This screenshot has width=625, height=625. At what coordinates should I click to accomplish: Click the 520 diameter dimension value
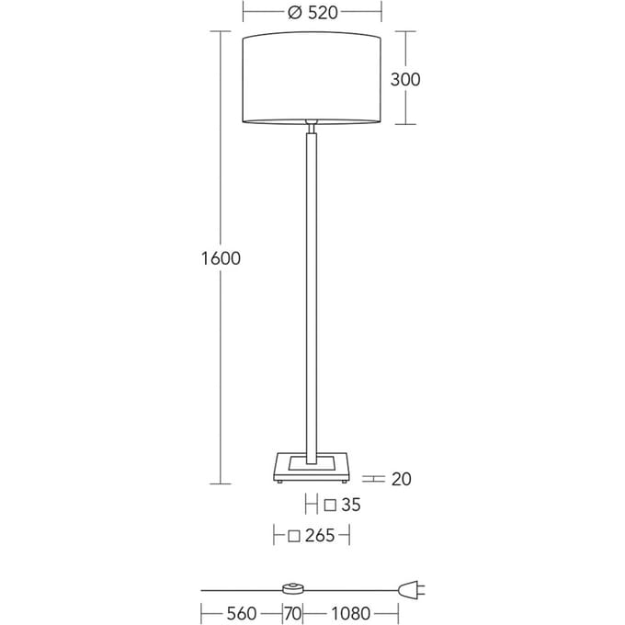point(323,13)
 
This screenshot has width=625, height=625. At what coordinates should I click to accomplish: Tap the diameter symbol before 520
point(294,13)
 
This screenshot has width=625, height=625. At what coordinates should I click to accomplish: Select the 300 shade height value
point(405,79)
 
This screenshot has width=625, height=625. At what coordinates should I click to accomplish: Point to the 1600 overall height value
point(221,258)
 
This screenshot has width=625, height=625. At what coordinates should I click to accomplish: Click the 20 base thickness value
point(401,479)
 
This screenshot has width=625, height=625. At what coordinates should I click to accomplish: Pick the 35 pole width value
point(351,505)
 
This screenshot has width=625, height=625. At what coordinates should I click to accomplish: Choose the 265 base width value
point(320,535)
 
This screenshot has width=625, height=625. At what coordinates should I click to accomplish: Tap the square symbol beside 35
point(330,506)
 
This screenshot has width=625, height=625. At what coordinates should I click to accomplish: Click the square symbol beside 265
point(294,536)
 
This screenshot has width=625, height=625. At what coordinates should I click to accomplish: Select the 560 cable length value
point(242,613)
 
